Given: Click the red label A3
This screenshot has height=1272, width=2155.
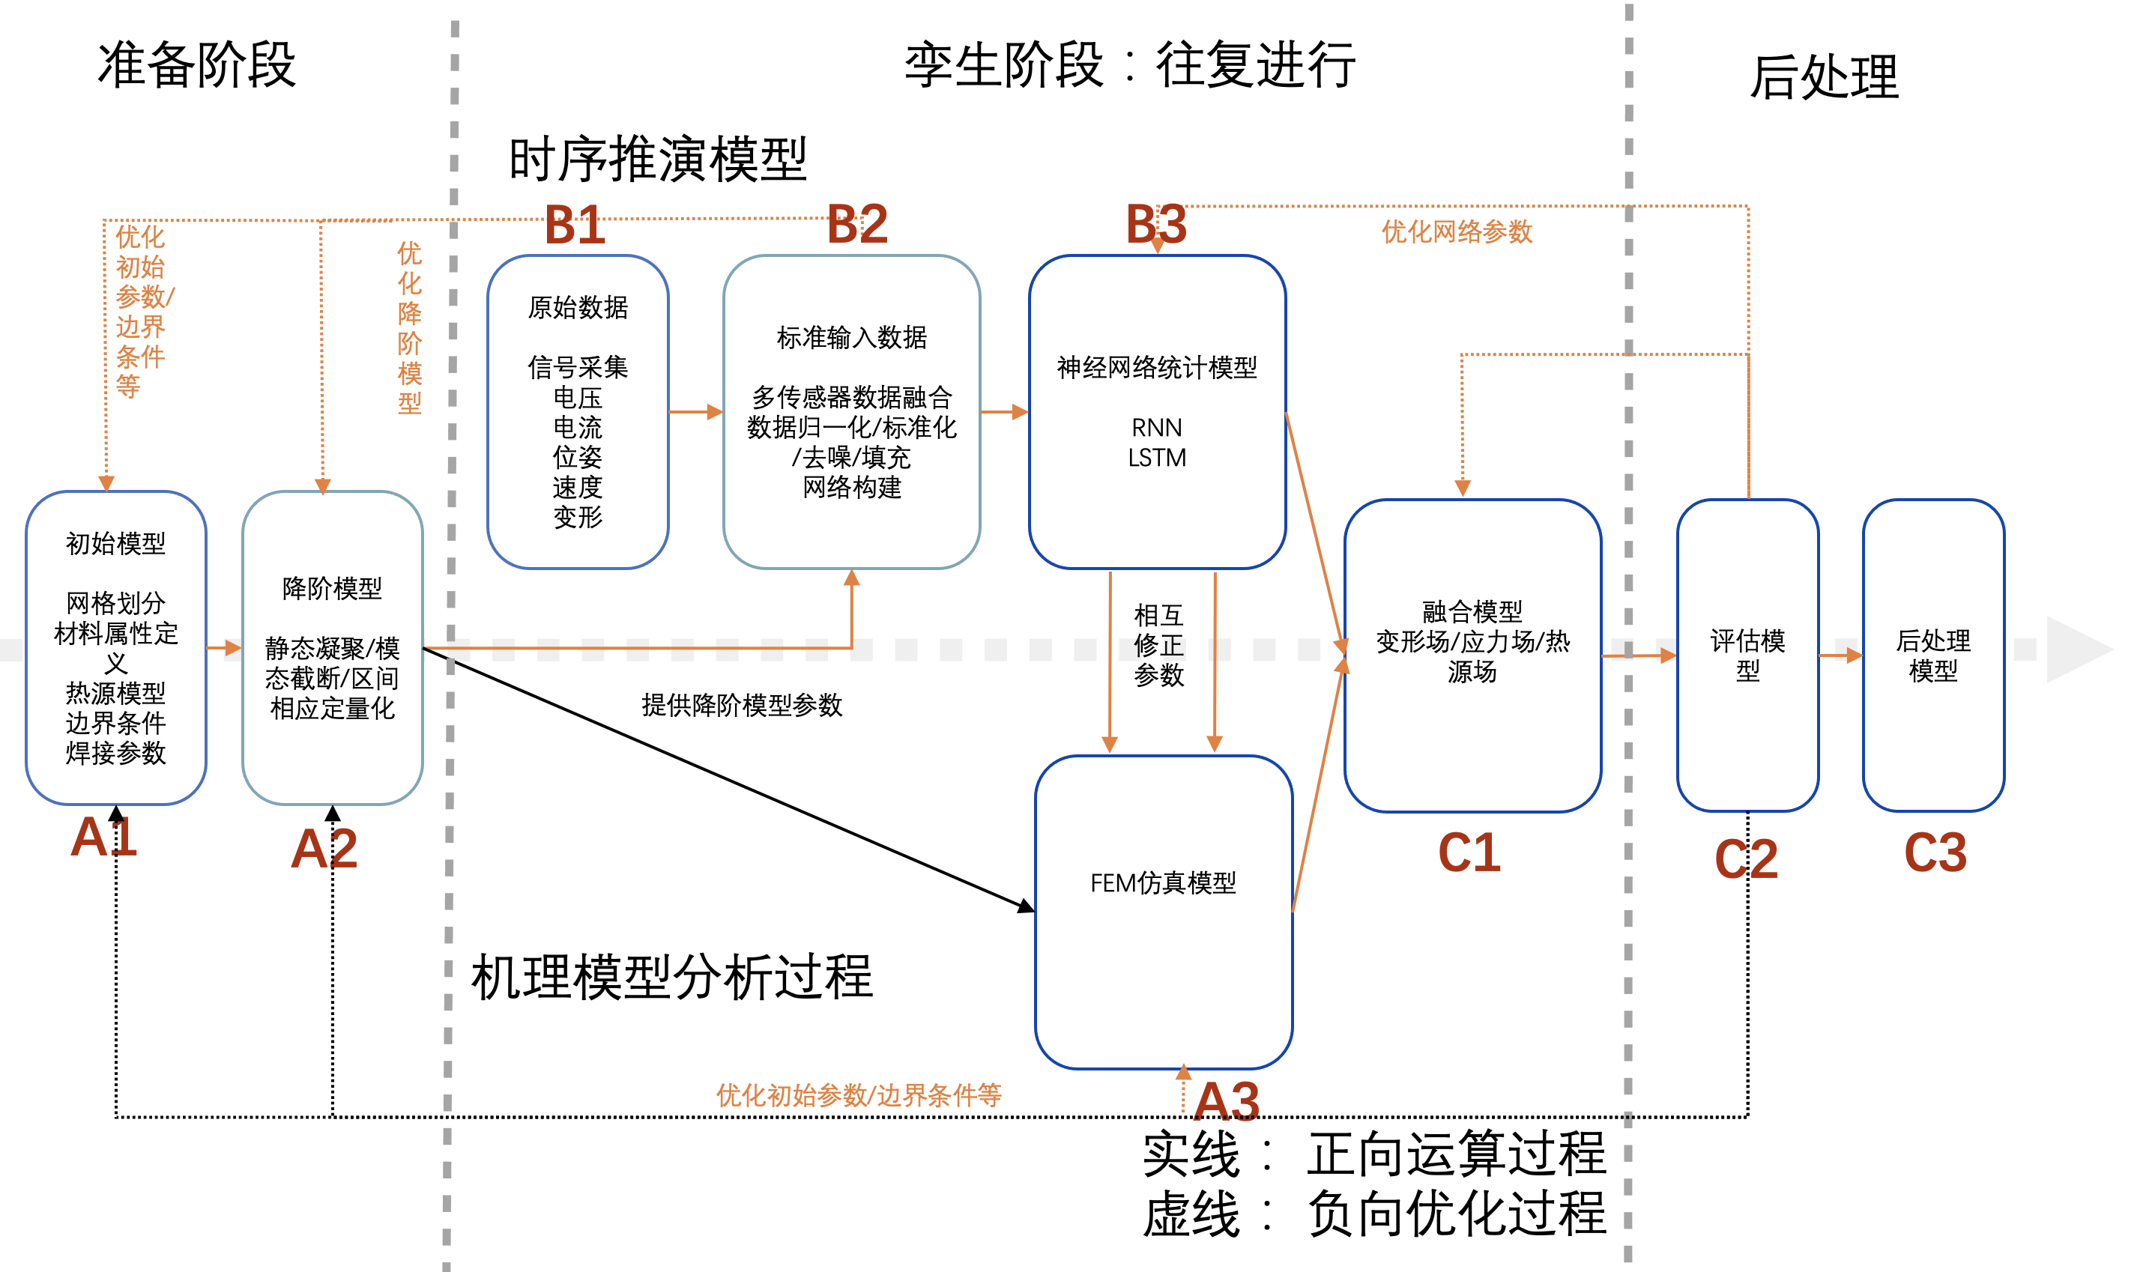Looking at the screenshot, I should click(x=1227, y=1101).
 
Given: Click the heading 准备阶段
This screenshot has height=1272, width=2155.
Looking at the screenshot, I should click(x=196, y=65).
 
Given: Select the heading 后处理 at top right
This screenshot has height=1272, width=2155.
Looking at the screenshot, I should click(x=1823, y=77).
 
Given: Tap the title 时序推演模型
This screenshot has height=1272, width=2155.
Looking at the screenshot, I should click(x=657, y=160).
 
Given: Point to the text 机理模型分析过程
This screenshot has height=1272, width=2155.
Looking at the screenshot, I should click(x=671, y=977).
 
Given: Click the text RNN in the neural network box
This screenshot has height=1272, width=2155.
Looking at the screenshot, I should click(x=1156, y=427).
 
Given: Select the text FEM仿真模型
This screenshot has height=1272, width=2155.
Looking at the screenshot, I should click(x=1162, y=883).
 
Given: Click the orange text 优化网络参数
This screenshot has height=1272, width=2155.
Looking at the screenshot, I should click(x=1457, y=231).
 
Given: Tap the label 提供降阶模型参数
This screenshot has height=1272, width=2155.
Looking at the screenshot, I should click(x=742, y=706).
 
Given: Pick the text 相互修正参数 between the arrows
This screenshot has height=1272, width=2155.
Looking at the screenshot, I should click(x=1158, y=644).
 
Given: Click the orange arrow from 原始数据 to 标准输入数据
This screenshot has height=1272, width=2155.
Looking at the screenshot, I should click(x=695, y=412).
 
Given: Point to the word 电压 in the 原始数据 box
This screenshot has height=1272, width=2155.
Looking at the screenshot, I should click(x=577, y=398).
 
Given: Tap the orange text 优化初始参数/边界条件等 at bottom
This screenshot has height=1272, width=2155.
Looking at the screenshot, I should click(x=858, y=1094).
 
